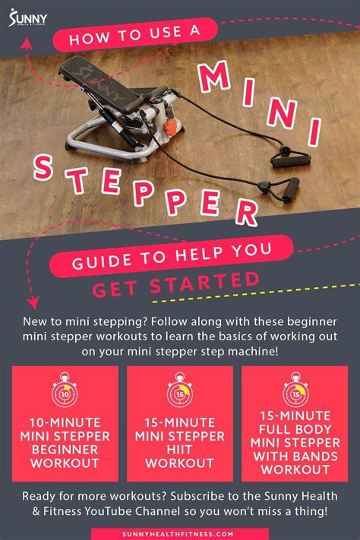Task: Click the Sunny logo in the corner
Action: coord(28,17)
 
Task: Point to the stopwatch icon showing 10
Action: coord(65,390)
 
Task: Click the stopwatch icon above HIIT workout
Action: coord(180,390)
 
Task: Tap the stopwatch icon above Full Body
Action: coord(295,390)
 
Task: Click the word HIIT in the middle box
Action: coord(179,450)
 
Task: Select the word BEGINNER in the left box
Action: coord(65,450)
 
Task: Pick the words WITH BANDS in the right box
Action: coord(295,456)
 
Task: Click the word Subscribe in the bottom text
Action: coord(197,496)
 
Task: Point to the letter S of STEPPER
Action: coord(43,168)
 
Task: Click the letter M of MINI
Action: coord(214,77)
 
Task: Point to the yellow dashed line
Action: coord(256,293)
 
